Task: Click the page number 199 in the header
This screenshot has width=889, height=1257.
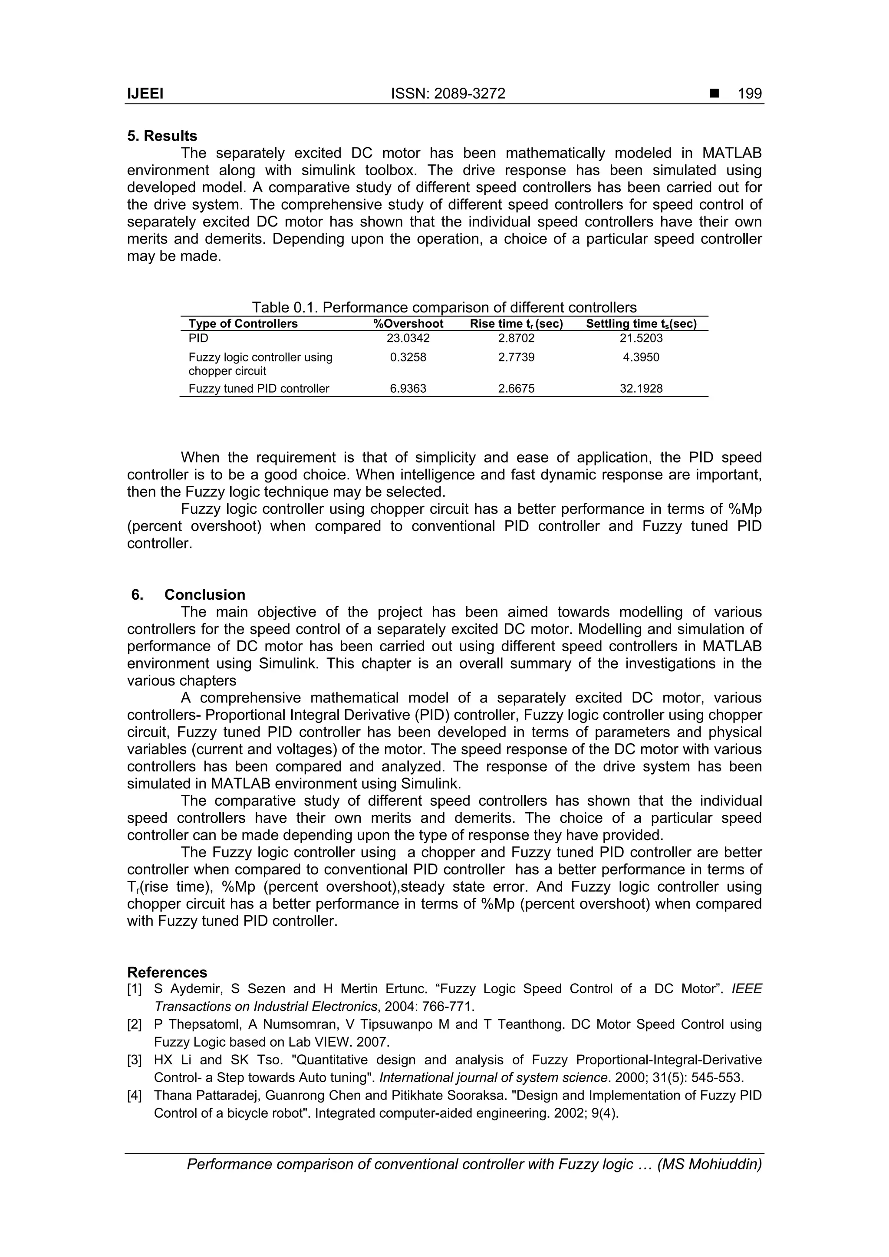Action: tap(749, 94)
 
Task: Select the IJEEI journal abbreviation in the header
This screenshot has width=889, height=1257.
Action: tap(145, 94)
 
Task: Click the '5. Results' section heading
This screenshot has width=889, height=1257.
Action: tap(162, 136)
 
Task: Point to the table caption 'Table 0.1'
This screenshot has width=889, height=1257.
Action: tap(444, 307)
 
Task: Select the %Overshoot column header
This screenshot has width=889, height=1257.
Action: tap(408, 324)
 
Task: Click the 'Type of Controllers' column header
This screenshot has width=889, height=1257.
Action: tap(243, 324)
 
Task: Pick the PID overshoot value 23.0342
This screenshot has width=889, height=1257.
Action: tap(408, 338)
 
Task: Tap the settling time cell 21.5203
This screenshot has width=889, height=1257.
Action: tap(641, 338)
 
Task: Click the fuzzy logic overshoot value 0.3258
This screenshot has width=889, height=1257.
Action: tap(408, 358)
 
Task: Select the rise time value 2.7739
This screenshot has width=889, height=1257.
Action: tap(516, 358)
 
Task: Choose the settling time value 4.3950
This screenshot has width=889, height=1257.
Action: tap(641, 358)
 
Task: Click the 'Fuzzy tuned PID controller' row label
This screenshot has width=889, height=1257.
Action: tap(259, 389)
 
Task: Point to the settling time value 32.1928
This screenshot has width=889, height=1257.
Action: tap(641, 389)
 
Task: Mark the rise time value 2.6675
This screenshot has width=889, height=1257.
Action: tap(516, 389)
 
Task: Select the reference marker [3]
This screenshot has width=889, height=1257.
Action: tap(135, 1060)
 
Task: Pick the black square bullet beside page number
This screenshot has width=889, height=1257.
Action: tap(714, 94)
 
